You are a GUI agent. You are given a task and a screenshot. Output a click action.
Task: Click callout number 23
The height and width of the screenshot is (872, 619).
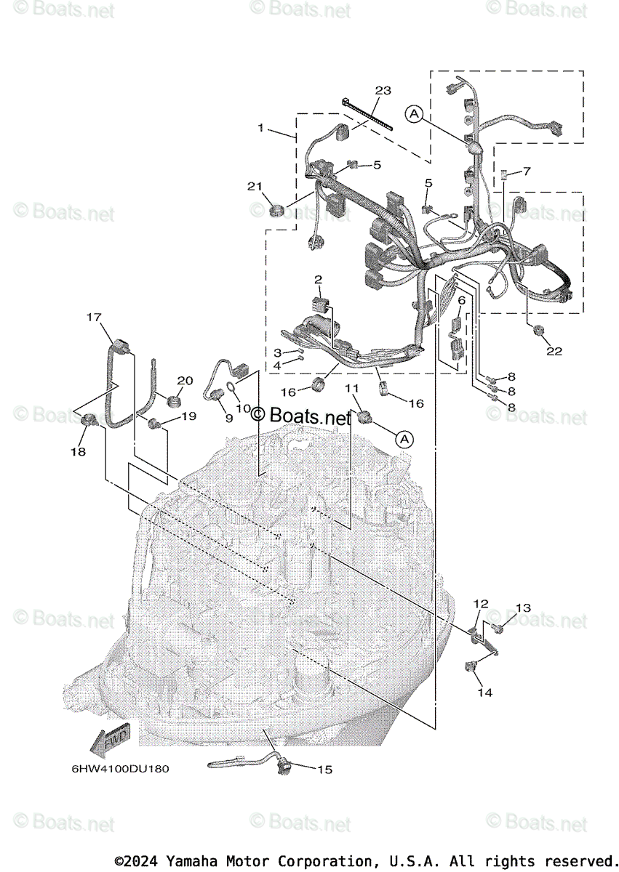pyautogui.click(x=383, y=91)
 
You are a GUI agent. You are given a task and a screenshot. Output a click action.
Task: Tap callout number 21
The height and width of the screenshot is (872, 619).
pyautogui.click(x=254, y=187)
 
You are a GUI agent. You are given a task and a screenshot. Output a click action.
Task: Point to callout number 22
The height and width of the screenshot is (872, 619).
pyautogui.click(x=554, y=351)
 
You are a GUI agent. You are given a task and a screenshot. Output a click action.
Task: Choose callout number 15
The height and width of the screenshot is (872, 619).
pyautogui.click(x=325, y=769)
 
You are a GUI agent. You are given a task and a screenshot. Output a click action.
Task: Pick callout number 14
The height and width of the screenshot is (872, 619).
pyautogui.click(x=484, y=693)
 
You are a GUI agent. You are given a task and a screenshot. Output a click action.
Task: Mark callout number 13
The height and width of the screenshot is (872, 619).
pyautogui.click(x=524, y=607)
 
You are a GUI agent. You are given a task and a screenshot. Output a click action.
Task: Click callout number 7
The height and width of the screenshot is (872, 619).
pyautogui.click(x=527, y=171)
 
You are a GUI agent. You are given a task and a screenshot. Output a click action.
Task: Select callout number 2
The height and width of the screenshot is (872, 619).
pyautogui.click(x=318, y=280)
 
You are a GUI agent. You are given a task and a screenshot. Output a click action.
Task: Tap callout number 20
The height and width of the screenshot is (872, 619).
pyautogui.click(x=185, y=381)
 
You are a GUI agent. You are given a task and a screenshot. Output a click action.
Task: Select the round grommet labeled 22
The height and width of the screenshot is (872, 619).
pyautogui.click(x=539, y=330)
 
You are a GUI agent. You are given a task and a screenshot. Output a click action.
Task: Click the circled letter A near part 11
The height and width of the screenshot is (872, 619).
pyautogui.click(x=405, y=439)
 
